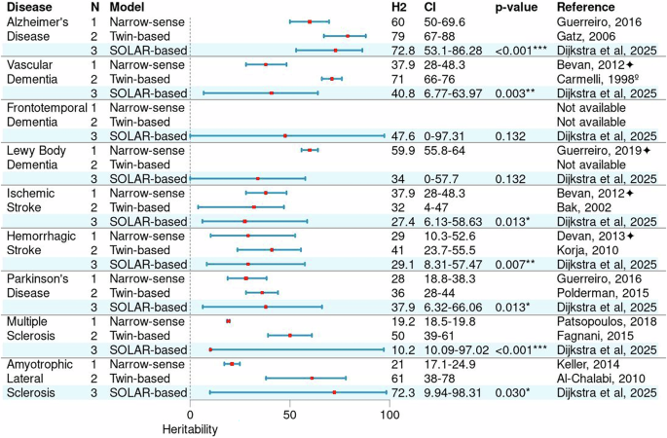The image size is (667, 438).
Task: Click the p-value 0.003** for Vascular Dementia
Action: (515, 93)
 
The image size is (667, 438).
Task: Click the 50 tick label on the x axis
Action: (289, 412)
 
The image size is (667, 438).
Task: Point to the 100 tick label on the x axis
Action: (389, 412)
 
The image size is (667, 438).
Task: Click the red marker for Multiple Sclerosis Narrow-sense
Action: (228, 319)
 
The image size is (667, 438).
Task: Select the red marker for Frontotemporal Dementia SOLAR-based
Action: (285, 136)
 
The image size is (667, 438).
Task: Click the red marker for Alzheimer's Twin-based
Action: (348, 35)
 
